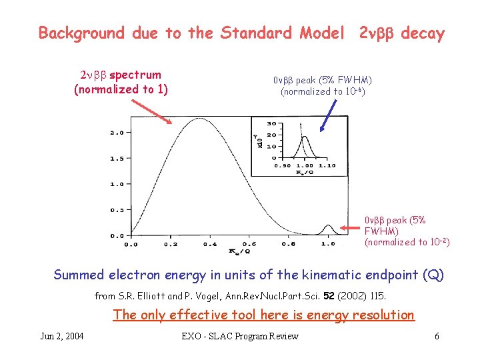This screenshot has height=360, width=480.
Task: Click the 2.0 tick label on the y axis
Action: [116, 133]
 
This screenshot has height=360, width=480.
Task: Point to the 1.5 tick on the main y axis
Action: [116, 159]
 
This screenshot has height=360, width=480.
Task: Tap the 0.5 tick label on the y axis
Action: [116, 210]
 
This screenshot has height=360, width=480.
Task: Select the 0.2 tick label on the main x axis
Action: [171, 244]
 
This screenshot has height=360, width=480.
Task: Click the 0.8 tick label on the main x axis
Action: [289, 244]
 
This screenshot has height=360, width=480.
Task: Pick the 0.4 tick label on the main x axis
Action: [210, 244]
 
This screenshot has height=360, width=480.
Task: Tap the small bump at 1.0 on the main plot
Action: [327, 228]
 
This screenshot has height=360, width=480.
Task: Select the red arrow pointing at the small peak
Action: [351, 228]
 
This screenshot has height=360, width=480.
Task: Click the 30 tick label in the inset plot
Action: [270, 124]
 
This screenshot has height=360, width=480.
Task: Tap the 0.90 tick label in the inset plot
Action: [283, 165]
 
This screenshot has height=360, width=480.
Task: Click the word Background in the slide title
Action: [81, 33]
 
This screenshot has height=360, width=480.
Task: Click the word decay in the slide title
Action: [422, 33]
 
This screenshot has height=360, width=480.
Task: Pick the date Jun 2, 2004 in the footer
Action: [62, 336]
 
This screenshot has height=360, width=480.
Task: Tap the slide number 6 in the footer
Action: [437, 336]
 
